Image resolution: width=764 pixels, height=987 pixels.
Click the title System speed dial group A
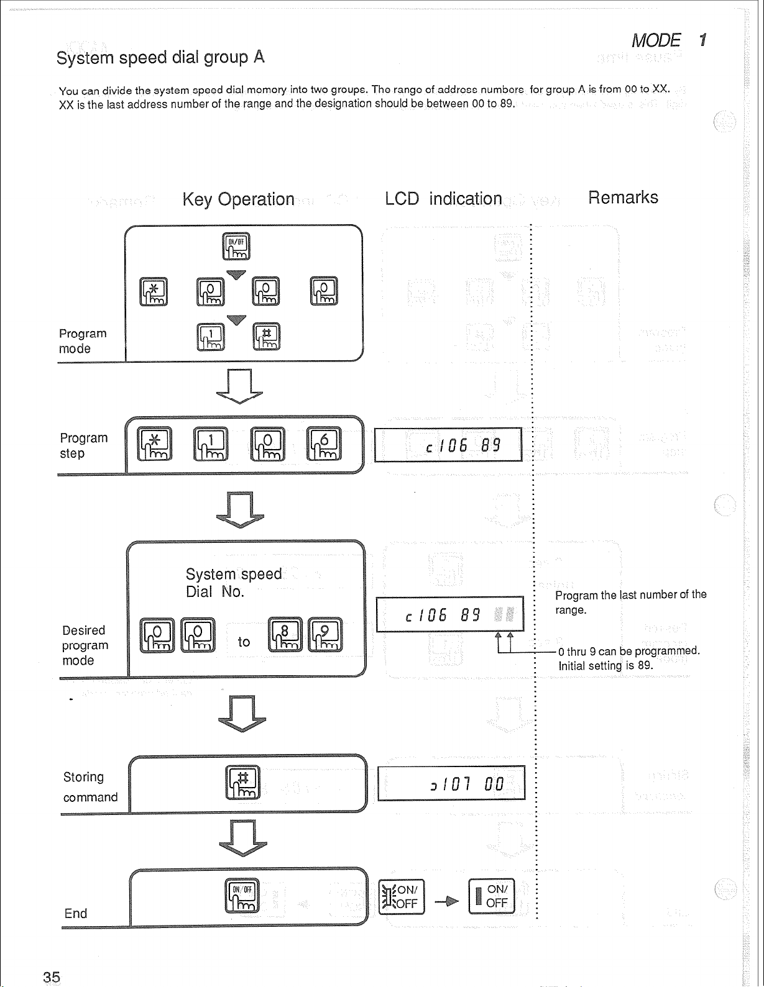160,58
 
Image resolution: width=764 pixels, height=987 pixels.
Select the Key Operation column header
238,199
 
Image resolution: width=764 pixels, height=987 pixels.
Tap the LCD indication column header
443,199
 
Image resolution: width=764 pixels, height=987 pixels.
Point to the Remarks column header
623,198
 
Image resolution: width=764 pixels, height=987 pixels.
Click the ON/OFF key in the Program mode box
236,247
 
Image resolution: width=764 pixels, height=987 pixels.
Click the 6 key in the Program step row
323,444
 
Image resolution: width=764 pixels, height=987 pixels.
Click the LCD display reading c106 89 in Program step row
448,445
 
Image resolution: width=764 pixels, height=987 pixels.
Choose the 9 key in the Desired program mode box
324,635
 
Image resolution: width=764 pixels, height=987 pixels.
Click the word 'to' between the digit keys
244,642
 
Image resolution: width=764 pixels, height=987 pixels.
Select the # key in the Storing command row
242,782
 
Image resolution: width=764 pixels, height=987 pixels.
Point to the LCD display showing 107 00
451,783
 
